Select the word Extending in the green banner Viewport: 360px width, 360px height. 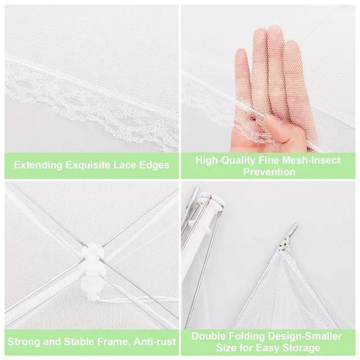coord(38,165)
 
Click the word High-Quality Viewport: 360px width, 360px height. coord(226,160)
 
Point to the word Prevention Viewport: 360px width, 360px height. coord(269,172)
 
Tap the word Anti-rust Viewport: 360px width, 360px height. coord(155,341)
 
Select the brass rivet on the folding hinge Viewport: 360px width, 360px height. coord(285,244)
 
